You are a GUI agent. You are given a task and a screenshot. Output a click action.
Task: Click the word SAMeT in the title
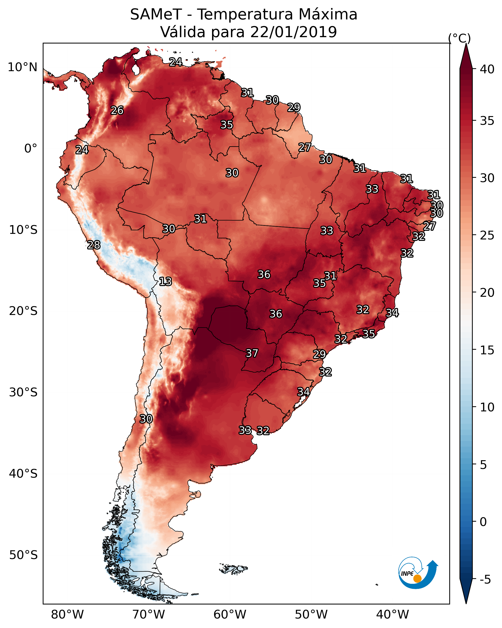pyautogui.click(x=156, y=15)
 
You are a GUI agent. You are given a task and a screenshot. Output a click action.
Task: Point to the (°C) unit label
pyautogui.click(x=459, y=38)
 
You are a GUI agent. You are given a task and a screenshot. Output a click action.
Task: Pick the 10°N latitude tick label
pyautogui.click(x=22, y=67)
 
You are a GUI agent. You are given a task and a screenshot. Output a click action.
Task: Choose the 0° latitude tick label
pyautogui.click(x=31, y=149)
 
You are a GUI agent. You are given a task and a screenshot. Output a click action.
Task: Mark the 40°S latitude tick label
pyautogui.click(x=23, y=474)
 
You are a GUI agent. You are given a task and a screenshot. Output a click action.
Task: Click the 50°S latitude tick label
pyautogui.click(x=23, y=555)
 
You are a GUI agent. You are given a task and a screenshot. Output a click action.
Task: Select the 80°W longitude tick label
pyautogui.click(x=67, y=615)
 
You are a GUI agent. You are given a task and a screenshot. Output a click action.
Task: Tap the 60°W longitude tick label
pyautogui.click(x=230, y=615)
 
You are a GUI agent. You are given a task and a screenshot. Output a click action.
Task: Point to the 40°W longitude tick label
pyautogui.click(x=392, y=615)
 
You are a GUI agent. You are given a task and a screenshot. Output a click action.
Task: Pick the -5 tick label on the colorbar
pyautogui.click(x=485, y=580)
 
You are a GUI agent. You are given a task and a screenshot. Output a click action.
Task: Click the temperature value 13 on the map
pyautogui.click(x=165, y=282)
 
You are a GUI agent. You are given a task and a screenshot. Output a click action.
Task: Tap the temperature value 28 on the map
pyautogui.click(x=94, y=245)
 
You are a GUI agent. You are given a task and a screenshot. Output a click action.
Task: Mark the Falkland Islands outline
pyautogui.click(x=234, y=569)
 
